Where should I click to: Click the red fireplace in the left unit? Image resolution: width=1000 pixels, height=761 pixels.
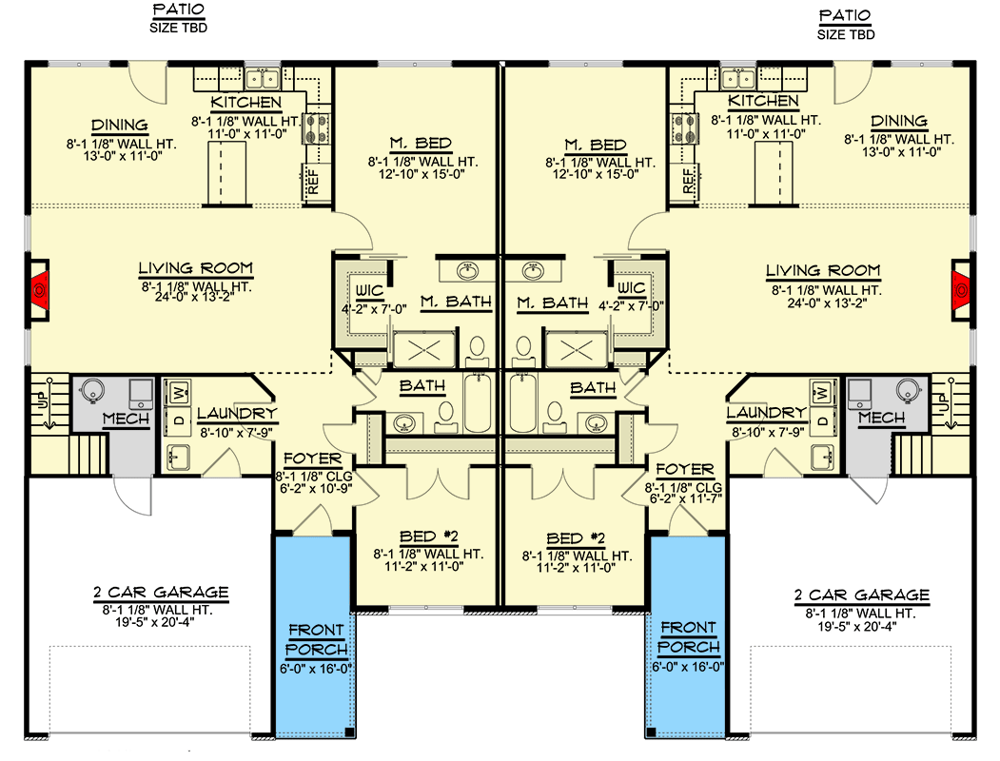(39, 285)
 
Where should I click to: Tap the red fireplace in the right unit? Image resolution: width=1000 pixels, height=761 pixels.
(961, 285)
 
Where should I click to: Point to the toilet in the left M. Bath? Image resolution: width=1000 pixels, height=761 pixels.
(479, 350)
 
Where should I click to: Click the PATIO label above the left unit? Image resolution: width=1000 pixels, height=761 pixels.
(178, 11)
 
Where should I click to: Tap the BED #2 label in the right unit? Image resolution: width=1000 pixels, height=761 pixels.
(577, 537)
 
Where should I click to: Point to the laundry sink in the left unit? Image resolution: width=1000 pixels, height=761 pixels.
(178, 458)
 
